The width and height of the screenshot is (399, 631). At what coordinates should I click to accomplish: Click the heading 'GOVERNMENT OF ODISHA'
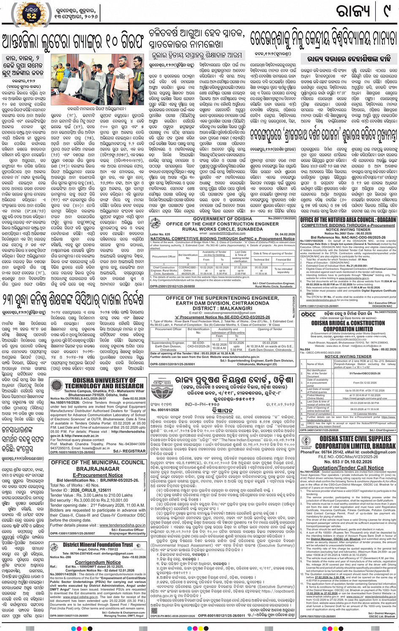(x=223, y=219)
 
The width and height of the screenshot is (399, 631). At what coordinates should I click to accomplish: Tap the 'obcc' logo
(x=308, y=314)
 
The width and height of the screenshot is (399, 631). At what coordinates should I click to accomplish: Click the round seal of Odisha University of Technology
(x=57, y=386)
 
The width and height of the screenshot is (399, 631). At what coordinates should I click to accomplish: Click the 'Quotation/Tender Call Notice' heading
(x=348, y=467)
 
